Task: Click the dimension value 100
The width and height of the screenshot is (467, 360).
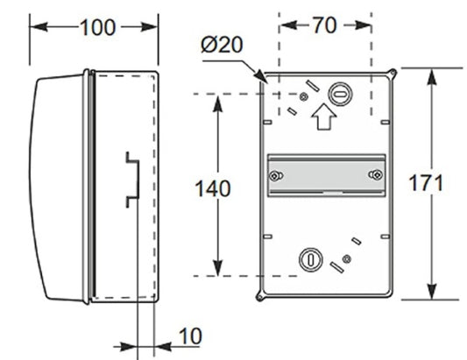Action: tap(96, 27)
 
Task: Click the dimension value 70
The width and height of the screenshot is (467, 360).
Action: tap(323, 25)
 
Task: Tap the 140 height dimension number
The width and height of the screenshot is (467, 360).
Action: tap(212, 187)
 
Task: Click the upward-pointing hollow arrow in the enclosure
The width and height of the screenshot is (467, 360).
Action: tap(323, 116)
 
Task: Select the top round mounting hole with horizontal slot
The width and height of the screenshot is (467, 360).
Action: tap(340, 93)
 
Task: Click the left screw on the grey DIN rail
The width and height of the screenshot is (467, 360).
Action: tap(276, 176)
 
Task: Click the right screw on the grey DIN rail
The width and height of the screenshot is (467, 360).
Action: tap(375, 176)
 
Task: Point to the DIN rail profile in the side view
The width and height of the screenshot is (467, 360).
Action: tap(131, 180)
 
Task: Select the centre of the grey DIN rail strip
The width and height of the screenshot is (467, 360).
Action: tap(325, 176)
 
